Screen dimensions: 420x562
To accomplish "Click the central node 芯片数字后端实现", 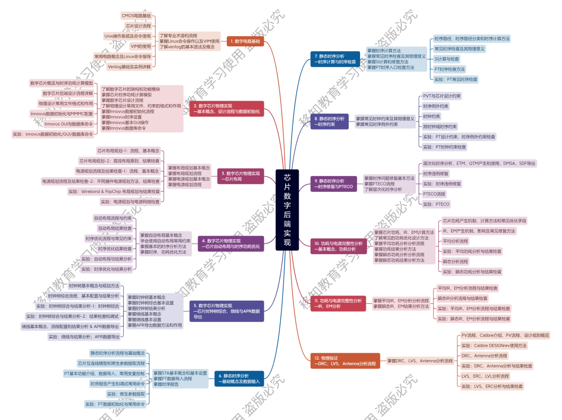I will (x=287, y=210).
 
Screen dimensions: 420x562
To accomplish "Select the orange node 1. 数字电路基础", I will (x=245, y=41).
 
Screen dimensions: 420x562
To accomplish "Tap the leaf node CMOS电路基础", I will (x=136, y=16).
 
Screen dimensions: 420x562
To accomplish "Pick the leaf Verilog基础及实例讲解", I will (x=129, y=66).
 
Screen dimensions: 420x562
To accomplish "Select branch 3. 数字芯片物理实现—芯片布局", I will (x=240, y=176).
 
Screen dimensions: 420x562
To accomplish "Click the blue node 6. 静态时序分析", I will (x=240, y=378).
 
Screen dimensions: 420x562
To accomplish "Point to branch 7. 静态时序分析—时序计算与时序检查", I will (x=336, y=58).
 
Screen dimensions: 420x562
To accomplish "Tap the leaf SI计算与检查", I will (x=447, y=59).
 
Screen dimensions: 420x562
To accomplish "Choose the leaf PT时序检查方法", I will (x=450, y=69).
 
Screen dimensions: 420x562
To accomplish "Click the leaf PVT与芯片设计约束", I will (x=442, y=96).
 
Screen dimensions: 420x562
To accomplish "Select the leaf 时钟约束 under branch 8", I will (x=432, y=116).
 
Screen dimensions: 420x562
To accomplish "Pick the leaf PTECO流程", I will (x=434, y=194).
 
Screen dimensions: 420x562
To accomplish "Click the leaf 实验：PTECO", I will (x=436, y=204).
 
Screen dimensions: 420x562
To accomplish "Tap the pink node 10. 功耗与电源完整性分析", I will (x=338, y=246).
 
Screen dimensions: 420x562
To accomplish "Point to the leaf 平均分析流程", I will (x=455, y=241).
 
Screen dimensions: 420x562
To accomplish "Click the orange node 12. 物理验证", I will (x=344, y=361).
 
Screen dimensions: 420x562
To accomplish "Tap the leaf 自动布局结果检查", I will (x=115, y=228).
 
